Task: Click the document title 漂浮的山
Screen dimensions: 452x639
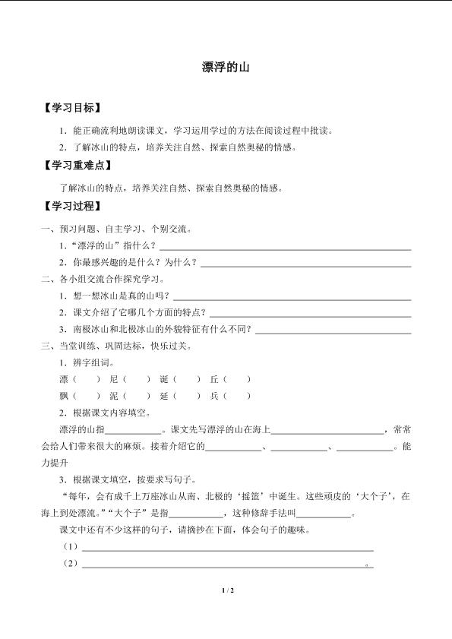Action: pyautogui.click(x=226, y=68)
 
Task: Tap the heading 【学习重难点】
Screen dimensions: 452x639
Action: pyautogui.click(x=77, y=166)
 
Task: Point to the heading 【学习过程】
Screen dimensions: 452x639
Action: pyautogui.click(x=72, y=206)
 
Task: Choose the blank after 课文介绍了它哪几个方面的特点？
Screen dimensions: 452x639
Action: pyautogui.click(x=310, y=315)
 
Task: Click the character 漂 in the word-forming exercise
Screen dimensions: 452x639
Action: pyautogui.click(x=64, y=379)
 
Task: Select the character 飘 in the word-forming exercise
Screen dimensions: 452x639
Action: pyautogui.click(x=64, y=396)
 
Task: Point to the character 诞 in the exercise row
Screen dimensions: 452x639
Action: pyautogui.click(x=164, y=379)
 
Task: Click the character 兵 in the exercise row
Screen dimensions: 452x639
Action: pyautogui.click(x=214, y=396)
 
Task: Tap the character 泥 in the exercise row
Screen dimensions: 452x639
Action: pyautogui.click(x=114, y=396)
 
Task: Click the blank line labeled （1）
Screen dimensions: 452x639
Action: pyautogui.click(x=227, y=549)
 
